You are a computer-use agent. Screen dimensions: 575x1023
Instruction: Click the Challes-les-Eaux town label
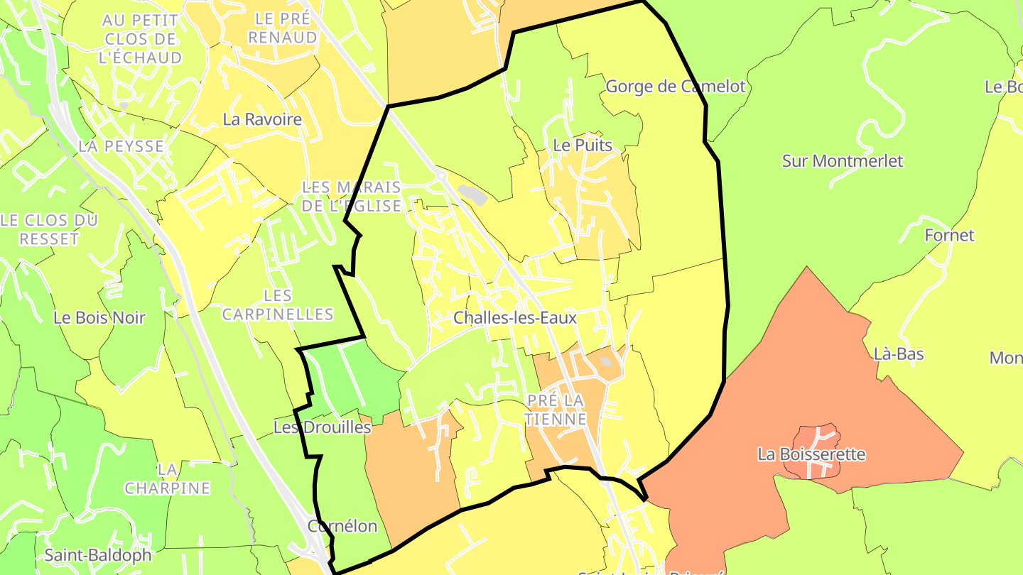(x=515, y=318)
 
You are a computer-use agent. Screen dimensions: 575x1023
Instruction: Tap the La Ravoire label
(x=262, y=119)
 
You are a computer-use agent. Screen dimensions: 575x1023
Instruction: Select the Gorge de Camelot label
(x=676, y=87)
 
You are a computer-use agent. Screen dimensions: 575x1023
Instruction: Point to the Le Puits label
(x=583, y=145)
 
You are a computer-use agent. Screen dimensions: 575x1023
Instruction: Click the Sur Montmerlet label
(x=843, y=161)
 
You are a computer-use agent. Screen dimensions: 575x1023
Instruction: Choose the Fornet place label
(x=949, y=235)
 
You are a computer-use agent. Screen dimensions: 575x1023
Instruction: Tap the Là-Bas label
(x=899, y=354)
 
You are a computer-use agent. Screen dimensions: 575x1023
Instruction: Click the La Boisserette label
(x=812, y=454)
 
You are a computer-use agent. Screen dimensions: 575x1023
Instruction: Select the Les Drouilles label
(x=323, y=427)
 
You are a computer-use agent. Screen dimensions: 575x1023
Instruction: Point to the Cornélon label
(x=342, y=526)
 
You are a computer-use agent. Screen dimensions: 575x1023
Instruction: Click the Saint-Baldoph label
(x=98, y=555)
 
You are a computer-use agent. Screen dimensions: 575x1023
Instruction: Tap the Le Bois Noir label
(x=99, y=317)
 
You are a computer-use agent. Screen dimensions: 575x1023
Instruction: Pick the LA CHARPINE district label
(x=168, y=479)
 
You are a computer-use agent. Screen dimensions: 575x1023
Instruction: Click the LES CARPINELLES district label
(x=278, y=304)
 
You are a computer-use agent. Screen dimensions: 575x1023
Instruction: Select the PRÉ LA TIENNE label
(x=556, y=410)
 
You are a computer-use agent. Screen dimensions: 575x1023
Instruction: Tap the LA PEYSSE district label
(x=121, y=146)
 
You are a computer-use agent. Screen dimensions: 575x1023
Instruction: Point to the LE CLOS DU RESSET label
(x=49, y=229)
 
